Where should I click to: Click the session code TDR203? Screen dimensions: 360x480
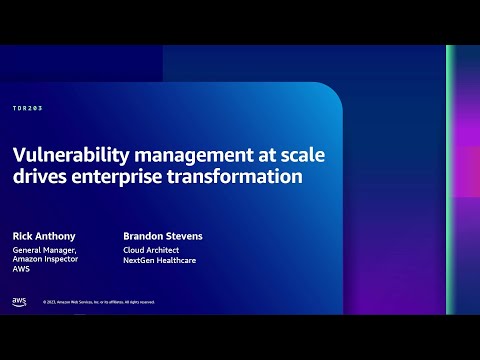click(28, 107)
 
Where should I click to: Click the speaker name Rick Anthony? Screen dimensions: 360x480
click(42, 236)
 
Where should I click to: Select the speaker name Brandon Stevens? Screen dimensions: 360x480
click(163, 236)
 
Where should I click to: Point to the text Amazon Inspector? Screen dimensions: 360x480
click(45, 260)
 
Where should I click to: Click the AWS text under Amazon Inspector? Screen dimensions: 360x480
click(21, 270)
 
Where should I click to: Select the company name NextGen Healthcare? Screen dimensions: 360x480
click(161, 260)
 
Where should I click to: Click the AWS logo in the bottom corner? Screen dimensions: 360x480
click(19, 301)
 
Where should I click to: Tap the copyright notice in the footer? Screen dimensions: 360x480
click(98, 302)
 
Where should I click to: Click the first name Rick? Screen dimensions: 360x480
click(22, 236)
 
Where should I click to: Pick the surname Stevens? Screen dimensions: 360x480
click(184, 236)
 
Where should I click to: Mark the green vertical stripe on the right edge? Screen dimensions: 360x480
click(451, 180)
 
